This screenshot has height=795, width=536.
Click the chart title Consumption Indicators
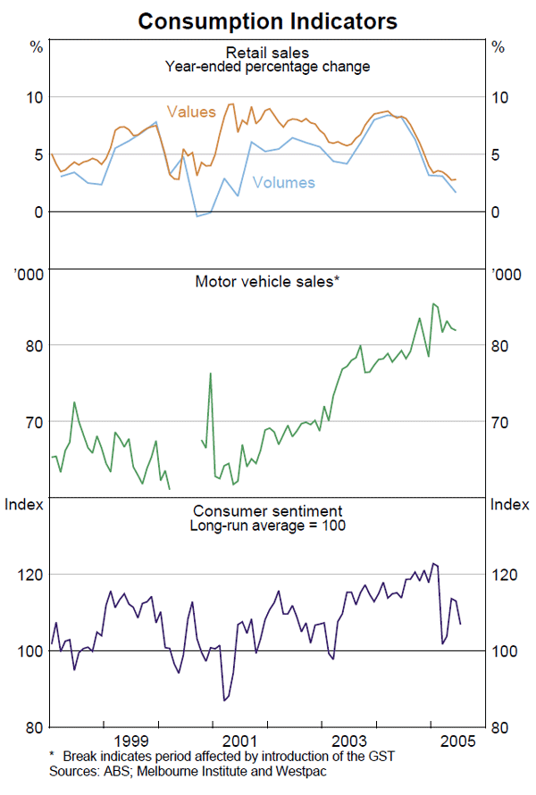[268, 20]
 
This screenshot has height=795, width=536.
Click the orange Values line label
[191, 112]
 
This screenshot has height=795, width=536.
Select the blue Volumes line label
[284, 183]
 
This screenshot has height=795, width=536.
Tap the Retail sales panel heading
[267, 53]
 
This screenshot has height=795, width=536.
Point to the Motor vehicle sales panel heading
[267, 282]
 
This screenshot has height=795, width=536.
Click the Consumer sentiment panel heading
[267, 511]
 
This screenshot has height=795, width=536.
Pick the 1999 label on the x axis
[131, 741]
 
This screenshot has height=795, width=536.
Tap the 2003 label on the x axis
[348, 741]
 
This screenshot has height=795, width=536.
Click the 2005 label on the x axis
[456, 741]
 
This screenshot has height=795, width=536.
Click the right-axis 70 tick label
[505, 422]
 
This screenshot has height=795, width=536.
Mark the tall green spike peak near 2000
[211, 373]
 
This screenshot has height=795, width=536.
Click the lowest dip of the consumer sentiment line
[225, 700]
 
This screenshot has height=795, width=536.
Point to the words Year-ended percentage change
[267, 67]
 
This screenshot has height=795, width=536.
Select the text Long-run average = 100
[267, 526]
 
